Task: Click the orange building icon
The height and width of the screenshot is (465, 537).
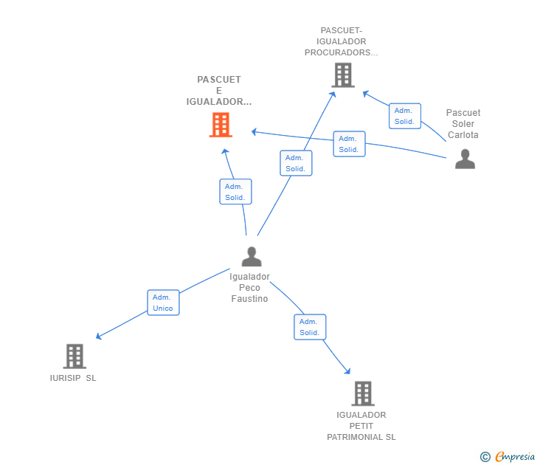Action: click(221, 125)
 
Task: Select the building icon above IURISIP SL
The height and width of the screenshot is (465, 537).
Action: click(75, 356)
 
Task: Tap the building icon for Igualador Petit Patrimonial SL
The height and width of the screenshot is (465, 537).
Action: click(363, 393)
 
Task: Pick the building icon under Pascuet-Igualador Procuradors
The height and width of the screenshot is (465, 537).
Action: click(343, 75)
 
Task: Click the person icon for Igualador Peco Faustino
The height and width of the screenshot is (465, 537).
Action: click(252, 256)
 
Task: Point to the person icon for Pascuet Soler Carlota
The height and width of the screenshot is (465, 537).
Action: click(465, 159)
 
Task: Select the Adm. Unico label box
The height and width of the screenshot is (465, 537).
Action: click(163, 303)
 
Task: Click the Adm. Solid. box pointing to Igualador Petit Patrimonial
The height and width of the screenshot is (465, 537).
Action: click(310, 327)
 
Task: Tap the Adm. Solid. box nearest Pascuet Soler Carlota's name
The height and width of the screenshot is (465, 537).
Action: click(405, 116)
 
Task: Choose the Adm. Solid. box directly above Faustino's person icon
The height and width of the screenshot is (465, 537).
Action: click(235, 192)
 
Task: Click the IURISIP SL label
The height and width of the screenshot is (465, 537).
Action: click(73, 378)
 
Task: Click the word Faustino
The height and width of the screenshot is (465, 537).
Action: click(249, 299)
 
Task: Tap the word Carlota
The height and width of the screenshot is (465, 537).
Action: click(463, 134)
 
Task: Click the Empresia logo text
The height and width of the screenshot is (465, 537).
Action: click(515, 456)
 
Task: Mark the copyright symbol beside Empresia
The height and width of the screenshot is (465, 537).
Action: click(485, 457)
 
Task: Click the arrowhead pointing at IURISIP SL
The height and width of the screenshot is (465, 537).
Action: click(99, 336)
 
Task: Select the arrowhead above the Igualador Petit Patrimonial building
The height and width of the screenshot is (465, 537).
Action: click(347, 371)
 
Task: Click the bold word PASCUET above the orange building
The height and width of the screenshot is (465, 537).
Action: click(219, 80)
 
